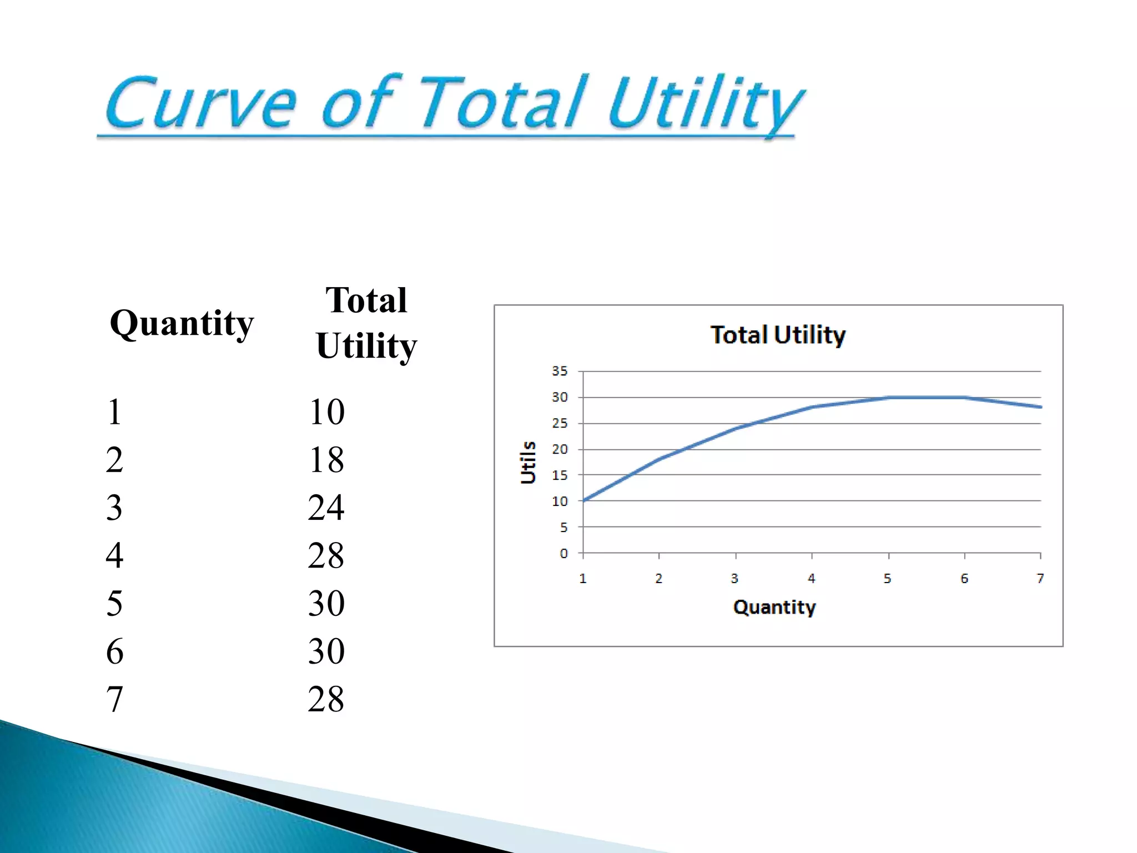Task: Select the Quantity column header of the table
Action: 182,323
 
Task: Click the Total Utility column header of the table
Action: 366,323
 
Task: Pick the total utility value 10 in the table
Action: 326,412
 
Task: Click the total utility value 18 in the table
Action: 326,460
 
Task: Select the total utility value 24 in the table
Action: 326,508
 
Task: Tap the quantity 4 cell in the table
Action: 114,555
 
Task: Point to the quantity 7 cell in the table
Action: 114,699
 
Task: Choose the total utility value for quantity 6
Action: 326,651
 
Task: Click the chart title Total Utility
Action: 778,335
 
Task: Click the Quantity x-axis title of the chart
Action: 774,607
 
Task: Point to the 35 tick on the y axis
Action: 560,371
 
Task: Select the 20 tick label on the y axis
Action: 560,449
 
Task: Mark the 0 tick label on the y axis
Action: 564,553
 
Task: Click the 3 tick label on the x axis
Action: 734,579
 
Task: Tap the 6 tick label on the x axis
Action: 964,579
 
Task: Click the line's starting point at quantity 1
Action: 583,500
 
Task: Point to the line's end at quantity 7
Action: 1040,407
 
